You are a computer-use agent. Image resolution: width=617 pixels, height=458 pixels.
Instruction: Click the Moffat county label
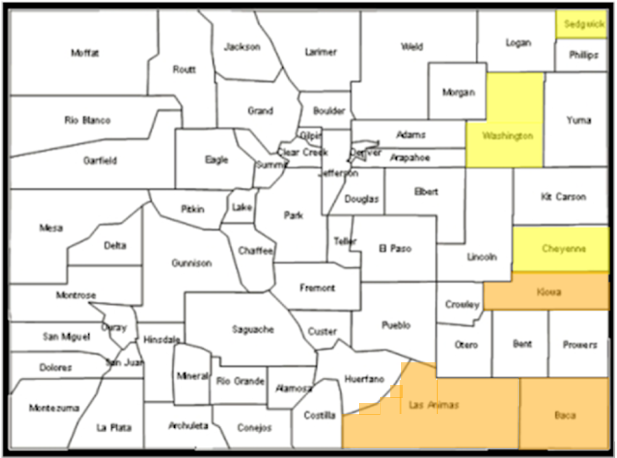tap(85, 53)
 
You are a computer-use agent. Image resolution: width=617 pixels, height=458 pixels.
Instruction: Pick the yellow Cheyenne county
tap(561, 249)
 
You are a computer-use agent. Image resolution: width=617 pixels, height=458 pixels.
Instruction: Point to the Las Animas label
tap(434, 406)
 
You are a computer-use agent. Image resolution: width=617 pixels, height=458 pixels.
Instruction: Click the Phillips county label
tap(584, 55)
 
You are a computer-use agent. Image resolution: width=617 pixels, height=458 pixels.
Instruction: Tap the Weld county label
tap(412, 46)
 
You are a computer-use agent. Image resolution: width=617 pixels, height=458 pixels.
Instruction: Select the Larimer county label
tap(321, 52)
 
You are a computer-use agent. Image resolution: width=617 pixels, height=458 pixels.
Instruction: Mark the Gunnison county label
tap(191, 264)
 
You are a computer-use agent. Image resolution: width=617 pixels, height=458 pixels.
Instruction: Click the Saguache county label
tap(253, 330)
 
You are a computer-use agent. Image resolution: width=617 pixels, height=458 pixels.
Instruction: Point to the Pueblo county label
tap(396, 325)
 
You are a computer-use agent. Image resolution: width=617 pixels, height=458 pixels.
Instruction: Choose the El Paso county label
tap(395, 249)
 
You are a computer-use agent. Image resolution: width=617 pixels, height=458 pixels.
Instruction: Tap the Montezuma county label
tap(54, 408)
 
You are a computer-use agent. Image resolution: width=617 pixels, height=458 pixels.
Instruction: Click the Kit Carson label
tap(563, 197)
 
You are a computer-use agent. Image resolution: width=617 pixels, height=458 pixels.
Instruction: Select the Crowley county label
tap(462, 304)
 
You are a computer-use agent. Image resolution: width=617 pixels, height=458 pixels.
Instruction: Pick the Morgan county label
tap(458, 93)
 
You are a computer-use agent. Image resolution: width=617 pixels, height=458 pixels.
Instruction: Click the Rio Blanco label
tap(87, 120)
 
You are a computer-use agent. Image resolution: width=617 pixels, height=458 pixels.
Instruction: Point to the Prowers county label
tap(579, 344)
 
